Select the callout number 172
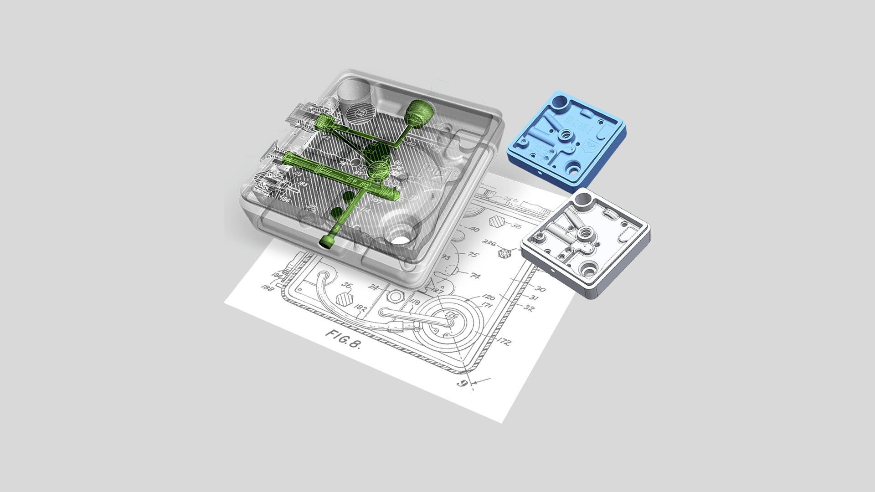pyautogui.click(x=504, y=342)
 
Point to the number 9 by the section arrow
pyautogui.click(x=462, y=383)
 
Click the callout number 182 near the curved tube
pyautogui.click(x=360, y=308)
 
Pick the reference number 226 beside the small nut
pyautogui.click(x=489, y=243)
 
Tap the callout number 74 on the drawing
pyautogui.click(x=475, y=276)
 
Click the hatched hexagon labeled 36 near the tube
pyautogui.click(x=345, y=299)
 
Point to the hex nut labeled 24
pyautogui.click(x=393, y=296)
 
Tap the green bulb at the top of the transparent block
pyautogui.click(x=418, y=112)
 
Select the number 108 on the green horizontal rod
pyautogui.click(x=351, y=180)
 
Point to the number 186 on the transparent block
pyautogui.click(x=284, y=200)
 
